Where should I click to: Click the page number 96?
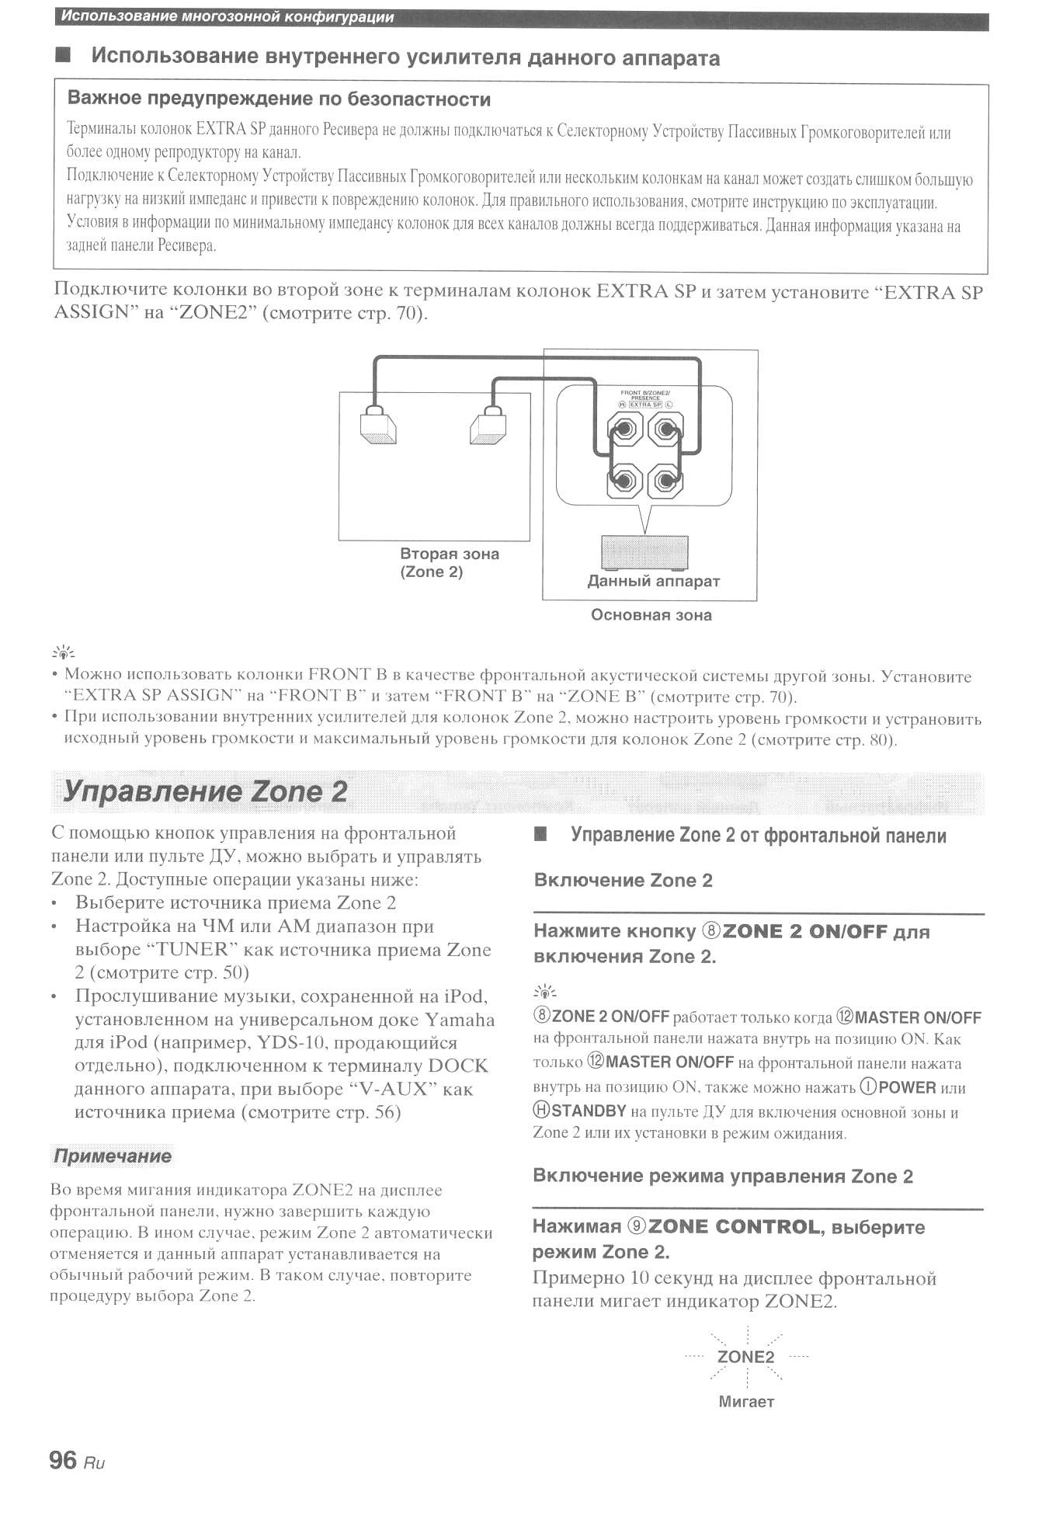(x=63, y=1460)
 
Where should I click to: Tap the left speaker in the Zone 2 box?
(x=378, y=428)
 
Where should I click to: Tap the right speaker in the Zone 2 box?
(x=488, y=428)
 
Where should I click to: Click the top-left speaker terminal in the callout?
(x=625, y=428)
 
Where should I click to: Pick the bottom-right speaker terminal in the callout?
(x=665, y=482)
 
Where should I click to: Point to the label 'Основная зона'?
(x=651, y=615)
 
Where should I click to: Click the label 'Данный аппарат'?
(x=653, y=581)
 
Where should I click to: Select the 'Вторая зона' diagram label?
(x=450, y=554)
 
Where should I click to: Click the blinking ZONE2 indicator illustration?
(x=745, y=1357)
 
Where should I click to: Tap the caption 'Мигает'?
(x=746, y=1402)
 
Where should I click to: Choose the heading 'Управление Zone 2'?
(x=205, y=791)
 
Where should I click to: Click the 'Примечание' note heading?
(x=112, y=1156)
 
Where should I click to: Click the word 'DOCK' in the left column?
(x=457, y=1066)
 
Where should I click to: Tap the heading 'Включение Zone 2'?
(x=623, y=880)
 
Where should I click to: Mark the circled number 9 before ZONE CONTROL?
(x=637, y=1227)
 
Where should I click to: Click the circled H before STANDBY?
(x=541, y=1111)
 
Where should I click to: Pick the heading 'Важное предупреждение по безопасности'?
(x=279, y=99)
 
